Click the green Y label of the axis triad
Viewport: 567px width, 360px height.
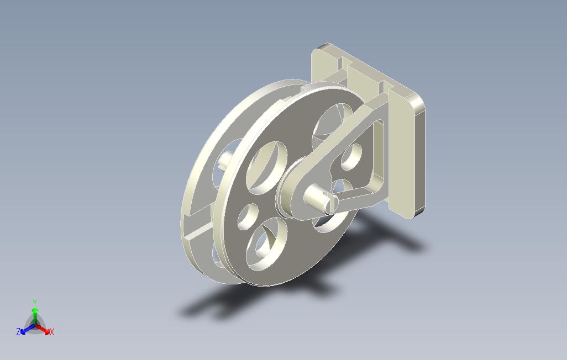(x=35, y=302)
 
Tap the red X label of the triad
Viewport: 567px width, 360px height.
(x=52, y=332)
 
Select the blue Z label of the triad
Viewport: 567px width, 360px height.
(x=18, y=331)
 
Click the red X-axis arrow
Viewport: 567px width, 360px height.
(x=43, y=329)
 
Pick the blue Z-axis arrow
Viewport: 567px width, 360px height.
(x=28, y=329)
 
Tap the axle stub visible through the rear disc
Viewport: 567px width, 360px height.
(x=225, y=160)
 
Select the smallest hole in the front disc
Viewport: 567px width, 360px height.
(x=248, y=216)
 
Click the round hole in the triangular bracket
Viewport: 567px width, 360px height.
(x=351, y=157)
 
